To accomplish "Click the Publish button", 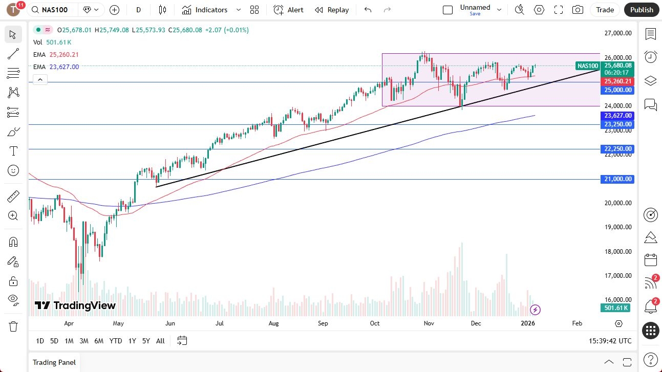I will pyautogui.click(x=642, y=10).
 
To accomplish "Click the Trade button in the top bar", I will pyautogui.click(x=605, y=10).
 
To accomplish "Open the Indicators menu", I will pyautogui.click(x=211, y=10).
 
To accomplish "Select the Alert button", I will pyautogui.click(x=289, y=10).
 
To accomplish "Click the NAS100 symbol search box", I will pyautogui.click(x=54, y=10).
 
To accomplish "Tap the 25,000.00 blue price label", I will pyautogui.click(x=618, y=90).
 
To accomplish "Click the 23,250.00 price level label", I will pyautogui.click(x=618, y=124).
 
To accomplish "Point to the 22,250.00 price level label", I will pyautogui.click(x=618, y=149).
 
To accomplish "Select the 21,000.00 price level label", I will pyautogui.click(x=618, y=179).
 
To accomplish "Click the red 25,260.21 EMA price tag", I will pyautogui.click(x=618, y=81).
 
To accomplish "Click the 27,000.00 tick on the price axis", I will pyautogui.click(x=617, y=33).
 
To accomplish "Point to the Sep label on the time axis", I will pyautogui.click(x=323, y=323).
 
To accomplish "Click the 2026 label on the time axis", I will pyautogui.click(x=527, y=323).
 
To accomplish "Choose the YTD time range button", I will pyautogui.click(x=116, y=341).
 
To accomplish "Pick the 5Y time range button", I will pyautogui.click(x=146, y=341).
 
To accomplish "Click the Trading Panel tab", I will pyautogui.click(x=54, y=362).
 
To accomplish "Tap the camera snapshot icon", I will pyautogui.click(x=578, y=10).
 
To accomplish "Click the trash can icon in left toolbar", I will pyautogui.click(x=13, y=326).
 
